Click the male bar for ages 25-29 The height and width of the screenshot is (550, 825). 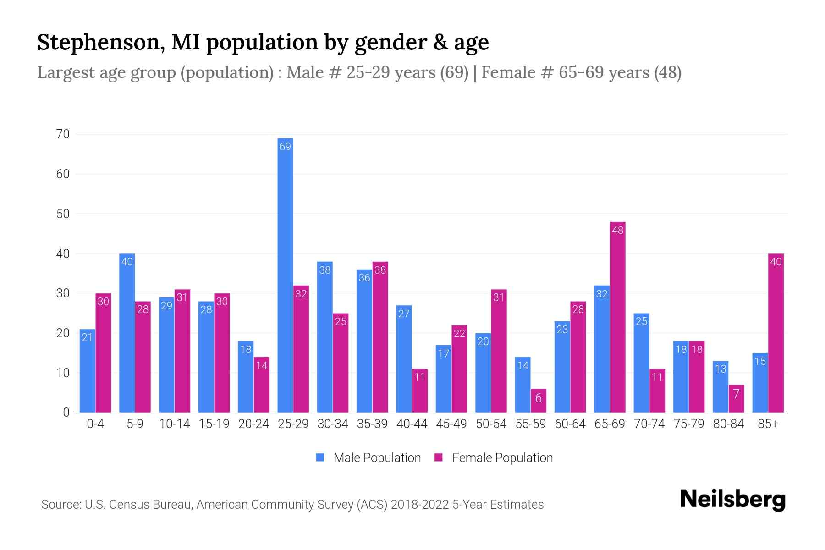[285, 275]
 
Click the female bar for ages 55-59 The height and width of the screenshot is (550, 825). [538, 401]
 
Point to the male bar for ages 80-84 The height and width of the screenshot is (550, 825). [720, 387]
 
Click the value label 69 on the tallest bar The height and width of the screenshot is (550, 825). [285, 147]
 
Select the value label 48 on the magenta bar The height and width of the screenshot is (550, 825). [617, 230]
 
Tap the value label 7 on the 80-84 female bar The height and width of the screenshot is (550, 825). [736, 394]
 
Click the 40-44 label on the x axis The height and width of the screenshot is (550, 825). [412, 424]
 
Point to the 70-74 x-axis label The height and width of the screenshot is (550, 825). [649, 424]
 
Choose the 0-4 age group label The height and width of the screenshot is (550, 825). [95, 424]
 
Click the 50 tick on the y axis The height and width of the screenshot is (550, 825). [63, 214]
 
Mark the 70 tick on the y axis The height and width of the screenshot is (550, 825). [63, 134]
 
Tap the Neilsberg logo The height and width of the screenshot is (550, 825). [732, 500]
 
